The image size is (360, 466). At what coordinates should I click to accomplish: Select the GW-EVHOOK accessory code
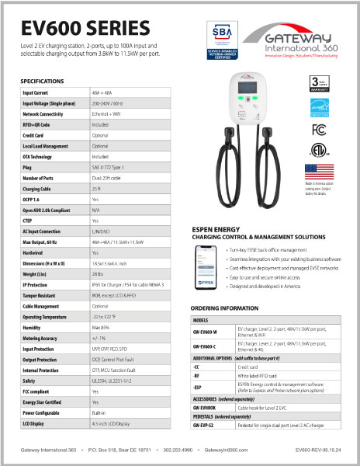pyautogui.click(x=207, y=429)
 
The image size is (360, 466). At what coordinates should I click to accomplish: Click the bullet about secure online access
pyautogui.click(x=267, y=297)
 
